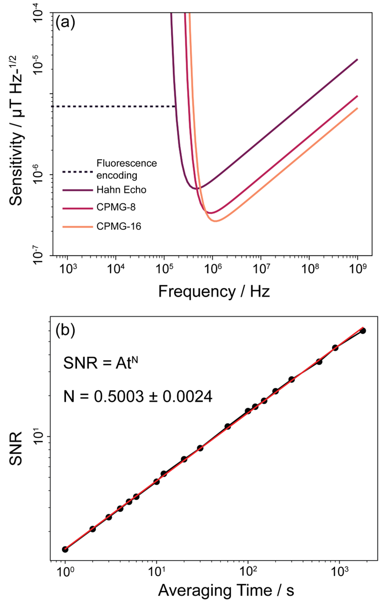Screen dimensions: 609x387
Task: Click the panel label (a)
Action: [65, 22]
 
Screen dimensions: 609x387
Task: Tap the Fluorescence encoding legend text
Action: [126, 169]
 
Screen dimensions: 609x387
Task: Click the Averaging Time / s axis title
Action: [226, 591]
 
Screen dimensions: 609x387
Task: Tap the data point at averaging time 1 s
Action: [65, 549]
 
